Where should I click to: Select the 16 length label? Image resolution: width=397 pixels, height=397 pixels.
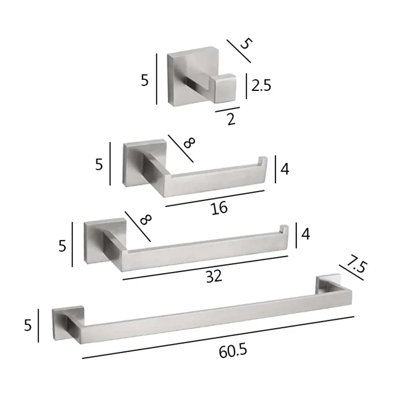(x=219, y=207)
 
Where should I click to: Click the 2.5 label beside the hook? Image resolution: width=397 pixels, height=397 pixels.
(x=261, y=86)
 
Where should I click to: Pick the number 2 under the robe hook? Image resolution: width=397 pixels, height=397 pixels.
(x=230, y=120)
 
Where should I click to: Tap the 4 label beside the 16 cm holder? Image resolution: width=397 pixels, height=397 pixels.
(x=284, y=169)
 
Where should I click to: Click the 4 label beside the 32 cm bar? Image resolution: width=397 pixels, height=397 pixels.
(x=305, y=234)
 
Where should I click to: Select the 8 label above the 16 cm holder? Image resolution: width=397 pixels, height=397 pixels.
(x=189, y=143)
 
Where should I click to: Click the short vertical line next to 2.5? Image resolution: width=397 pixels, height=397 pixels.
(x=247, y=85)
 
